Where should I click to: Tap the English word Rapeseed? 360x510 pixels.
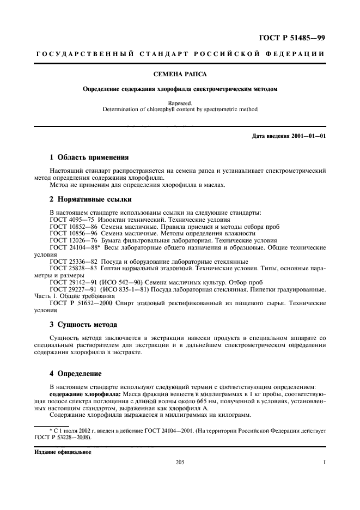pyautogui.click(x=180, y=102)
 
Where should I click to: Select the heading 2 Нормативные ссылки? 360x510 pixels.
pyautogui.click(x=90, y=199)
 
